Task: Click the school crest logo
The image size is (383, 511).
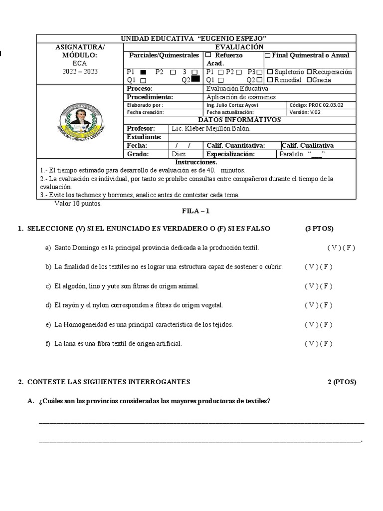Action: [x=81, y=121]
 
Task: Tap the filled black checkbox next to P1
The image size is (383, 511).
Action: [x=143, y=72]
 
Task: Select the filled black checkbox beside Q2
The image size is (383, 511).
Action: [x=195, y=79]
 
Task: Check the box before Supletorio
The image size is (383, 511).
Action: [x=270, y=72]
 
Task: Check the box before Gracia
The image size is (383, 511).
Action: [x=309, y=80]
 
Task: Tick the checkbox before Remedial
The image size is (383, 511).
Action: [x=270, y=80]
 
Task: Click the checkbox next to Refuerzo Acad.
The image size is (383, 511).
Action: [x=208, y=55]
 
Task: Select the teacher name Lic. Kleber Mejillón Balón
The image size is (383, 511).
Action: [x=211, y=128]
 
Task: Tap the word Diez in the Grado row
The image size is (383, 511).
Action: [x=179, y=154]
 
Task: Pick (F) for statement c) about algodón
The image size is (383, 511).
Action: [x=326, y=286]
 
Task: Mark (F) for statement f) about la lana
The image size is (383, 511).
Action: [x=326, y=343]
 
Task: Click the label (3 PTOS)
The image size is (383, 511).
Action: [x=320, y=229]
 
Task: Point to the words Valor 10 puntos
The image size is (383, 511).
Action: [x=78, y=204]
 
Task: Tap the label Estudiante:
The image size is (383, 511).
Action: [x=144, y=137]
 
